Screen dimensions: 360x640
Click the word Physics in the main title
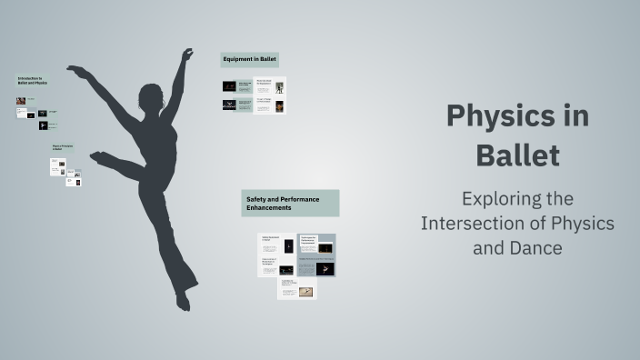[x=517, y=116]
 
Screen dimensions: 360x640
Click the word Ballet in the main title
[x=517, y=155]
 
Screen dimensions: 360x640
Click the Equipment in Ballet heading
[x=250, y=59]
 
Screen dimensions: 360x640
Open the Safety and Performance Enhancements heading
[x=290, y=204]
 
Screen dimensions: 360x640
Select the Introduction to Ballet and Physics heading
[x=32, y=81]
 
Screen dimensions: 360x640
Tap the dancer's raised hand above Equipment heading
[x=187, y=55]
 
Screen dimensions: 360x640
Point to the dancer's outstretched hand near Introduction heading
[x=75, y=70]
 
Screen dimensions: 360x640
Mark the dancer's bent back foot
[x=98, y=157]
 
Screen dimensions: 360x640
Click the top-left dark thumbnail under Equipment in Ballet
[x=230, y=86]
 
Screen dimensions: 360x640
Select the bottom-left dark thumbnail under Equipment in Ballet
[x=230, y=105]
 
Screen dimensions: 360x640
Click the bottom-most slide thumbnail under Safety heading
[x=297, y=288]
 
